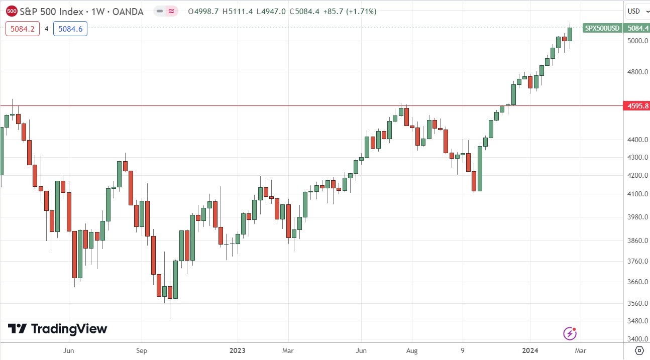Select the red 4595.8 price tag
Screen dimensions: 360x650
[635, 106]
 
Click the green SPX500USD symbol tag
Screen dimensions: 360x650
[601, 28]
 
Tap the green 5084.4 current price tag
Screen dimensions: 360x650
[635, 28]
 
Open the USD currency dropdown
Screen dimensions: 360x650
[636, 11]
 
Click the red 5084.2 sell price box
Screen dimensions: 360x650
[21, 29]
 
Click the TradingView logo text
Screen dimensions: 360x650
[69, 329]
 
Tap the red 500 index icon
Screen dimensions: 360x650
[12, 11]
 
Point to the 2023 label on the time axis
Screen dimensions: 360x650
[238, 350]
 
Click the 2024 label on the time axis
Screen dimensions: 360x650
[530, 350]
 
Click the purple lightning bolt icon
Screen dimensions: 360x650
[570, 333]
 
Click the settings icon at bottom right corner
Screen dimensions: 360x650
[638, 350]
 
